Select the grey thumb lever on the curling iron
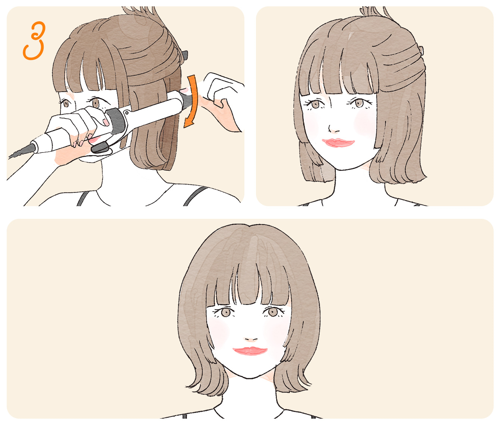100,148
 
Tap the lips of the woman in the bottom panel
250,351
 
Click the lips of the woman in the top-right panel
338,143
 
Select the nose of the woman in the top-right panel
333,129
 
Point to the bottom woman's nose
251,339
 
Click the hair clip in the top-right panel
421,50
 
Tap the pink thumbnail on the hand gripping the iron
106,122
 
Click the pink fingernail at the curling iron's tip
185,91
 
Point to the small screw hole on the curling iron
126,113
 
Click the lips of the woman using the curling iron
94,140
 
